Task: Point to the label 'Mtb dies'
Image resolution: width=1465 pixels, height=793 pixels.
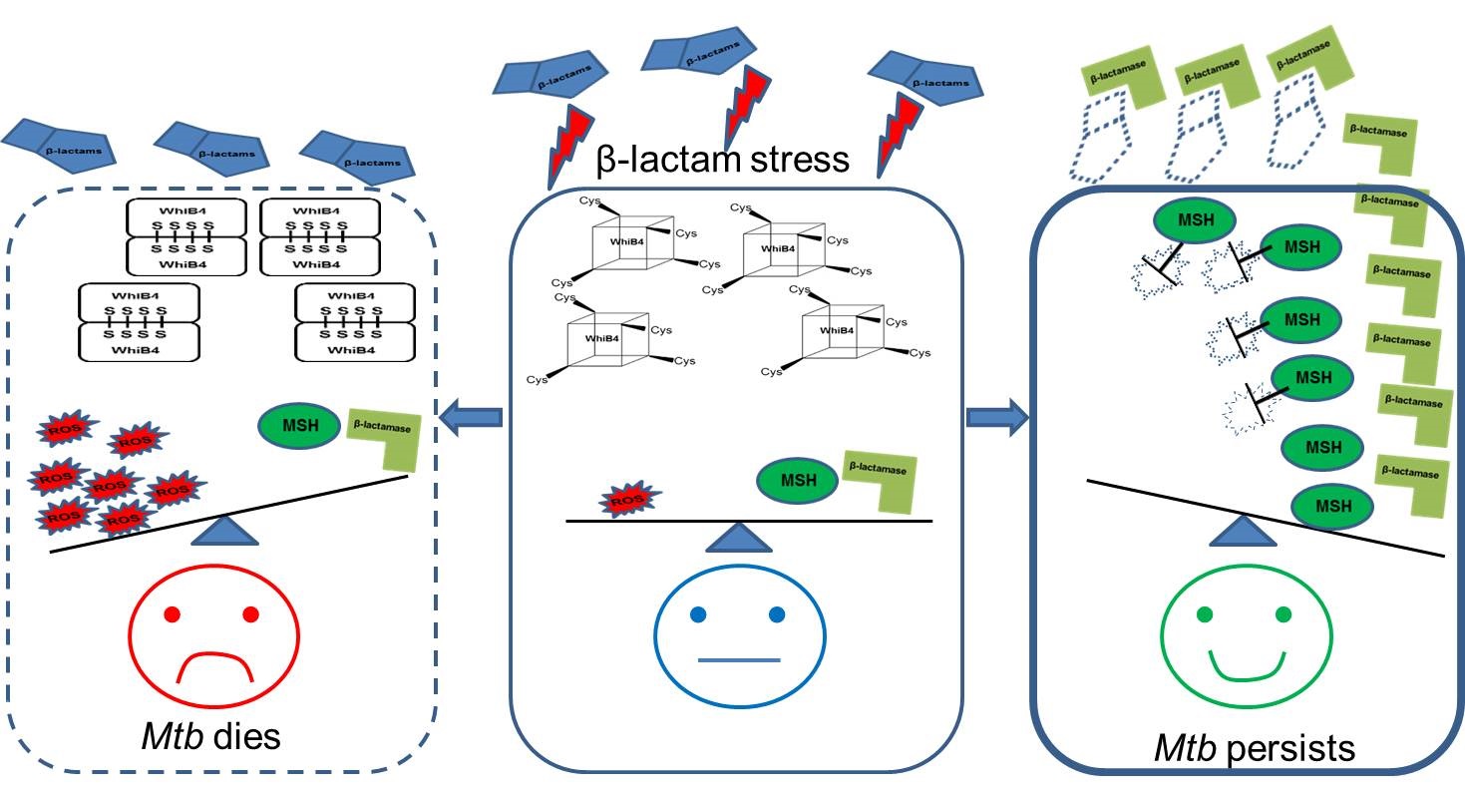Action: click(208, 737)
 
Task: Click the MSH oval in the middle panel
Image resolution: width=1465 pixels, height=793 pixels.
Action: click(798, 481)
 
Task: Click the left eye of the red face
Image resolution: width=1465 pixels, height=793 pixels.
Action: click(171, 613)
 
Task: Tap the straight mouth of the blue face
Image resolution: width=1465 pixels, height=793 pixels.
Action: click(739, 660)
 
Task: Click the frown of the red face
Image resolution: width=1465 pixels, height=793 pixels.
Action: click(214, 662)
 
